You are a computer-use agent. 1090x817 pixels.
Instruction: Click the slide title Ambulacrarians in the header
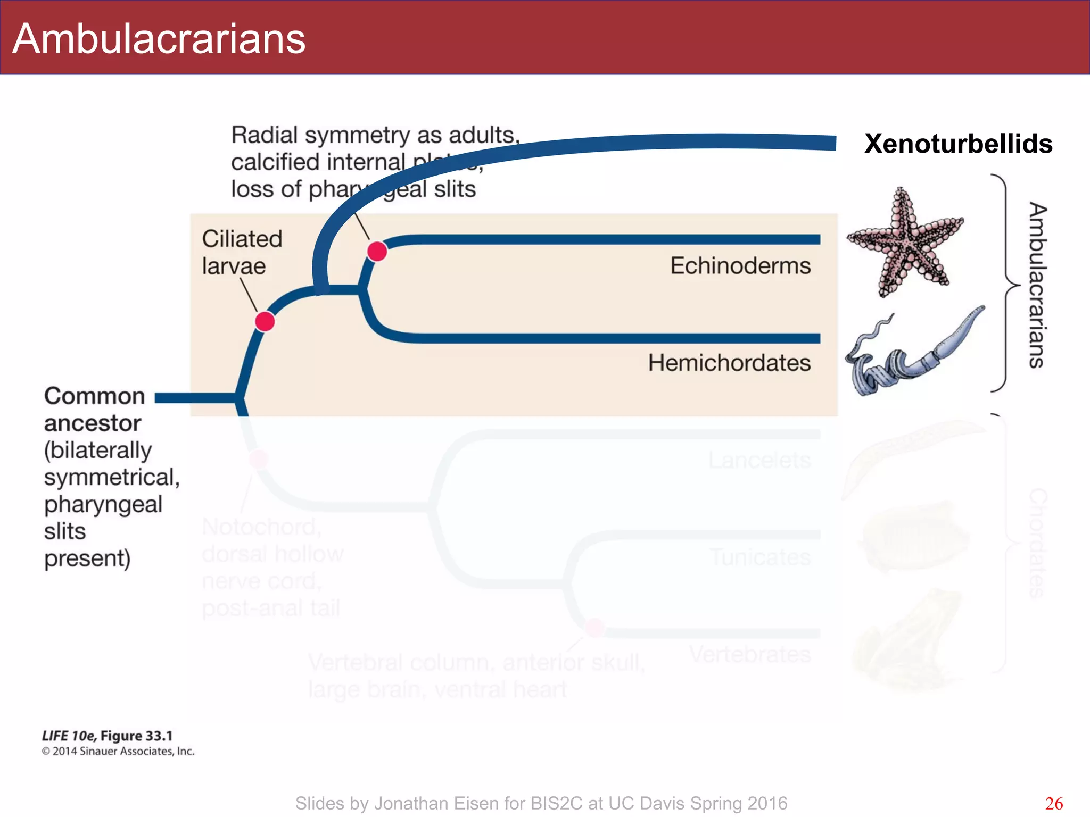tap(159, 39)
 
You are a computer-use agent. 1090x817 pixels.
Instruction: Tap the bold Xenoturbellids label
tap(958, 144)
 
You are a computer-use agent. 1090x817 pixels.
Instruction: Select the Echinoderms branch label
tap(740, 265)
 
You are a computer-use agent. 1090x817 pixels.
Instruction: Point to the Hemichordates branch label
tap(729, 363)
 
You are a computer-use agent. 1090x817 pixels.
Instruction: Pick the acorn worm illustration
tap(913, 354)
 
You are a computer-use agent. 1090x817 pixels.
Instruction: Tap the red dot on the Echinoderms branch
tap(377, 251)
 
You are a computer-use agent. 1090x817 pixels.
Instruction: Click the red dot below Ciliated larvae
tap(265, 322)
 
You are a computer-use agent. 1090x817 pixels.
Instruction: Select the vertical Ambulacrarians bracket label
tap(1037, 285)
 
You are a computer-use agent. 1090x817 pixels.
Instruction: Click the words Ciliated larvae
tap(242, 252)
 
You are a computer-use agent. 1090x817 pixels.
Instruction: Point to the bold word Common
tap(95, 396)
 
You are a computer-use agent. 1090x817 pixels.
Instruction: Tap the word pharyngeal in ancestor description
tap(103, 504)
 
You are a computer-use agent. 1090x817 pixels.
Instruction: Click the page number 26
tap(1054, 803)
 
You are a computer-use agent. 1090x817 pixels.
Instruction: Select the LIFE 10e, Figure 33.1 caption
tap(108, 736)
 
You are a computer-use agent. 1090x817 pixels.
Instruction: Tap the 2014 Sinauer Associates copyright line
tap(118, 751)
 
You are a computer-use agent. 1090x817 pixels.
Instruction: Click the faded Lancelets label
tap(759, 460)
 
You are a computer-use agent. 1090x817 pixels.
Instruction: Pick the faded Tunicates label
tap(761, 557)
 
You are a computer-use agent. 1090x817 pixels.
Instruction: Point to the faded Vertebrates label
tap(750, 654)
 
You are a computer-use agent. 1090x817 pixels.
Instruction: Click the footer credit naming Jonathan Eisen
tap(541, 803)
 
